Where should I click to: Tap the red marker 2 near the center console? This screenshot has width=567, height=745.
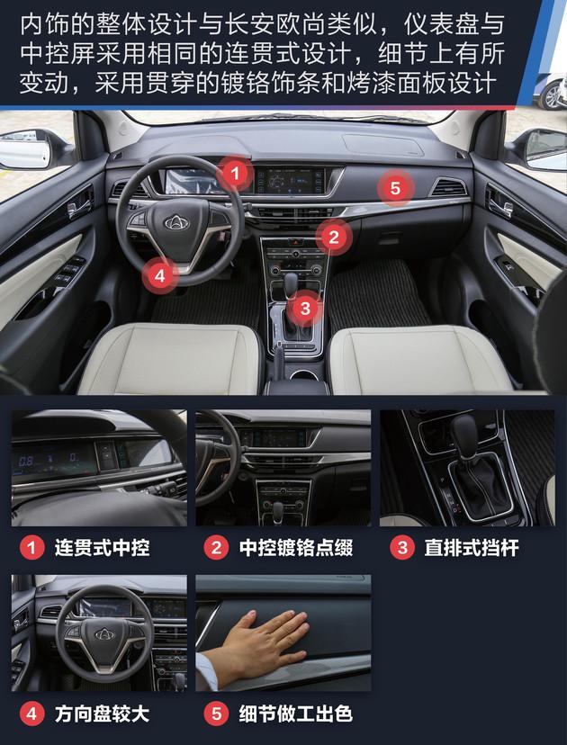point(333,238)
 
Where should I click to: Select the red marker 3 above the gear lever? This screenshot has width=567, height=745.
point(305,309)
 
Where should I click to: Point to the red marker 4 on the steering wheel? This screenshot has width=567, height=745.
point(159,275)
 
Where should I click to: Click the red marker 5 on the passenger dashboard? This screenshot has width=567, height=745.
point(395,189)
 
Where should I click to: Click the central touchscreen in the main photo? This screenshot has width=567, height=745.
point(288,180)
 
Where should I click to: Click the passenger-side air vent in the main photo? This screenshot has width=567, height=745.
point(447,188)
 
